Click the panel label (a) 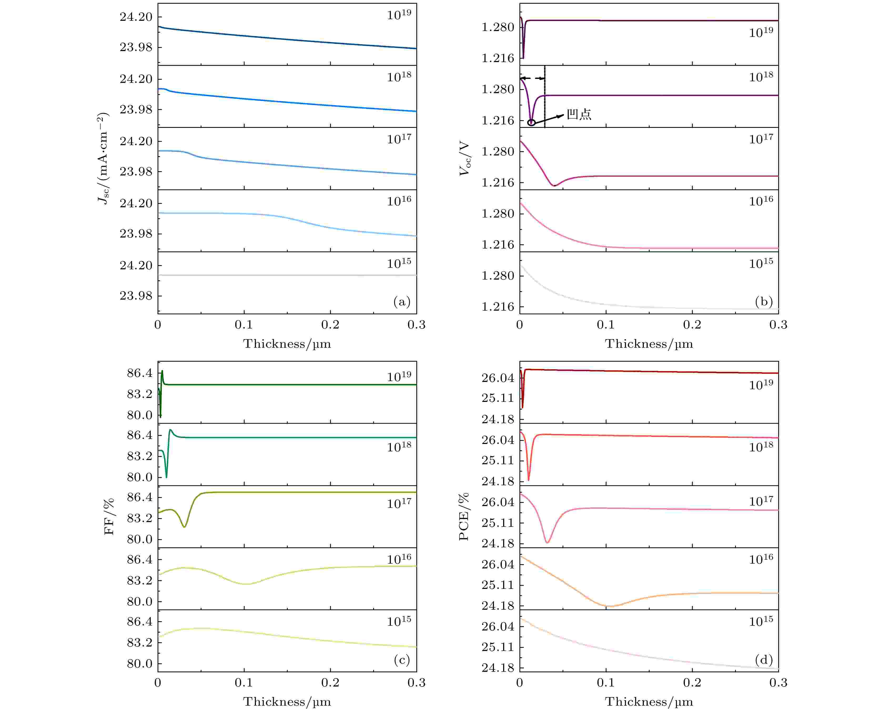401,302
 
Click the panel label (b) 763,302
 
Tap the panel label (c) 401,660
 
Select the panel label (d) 763,660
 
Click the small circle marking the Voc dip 531,122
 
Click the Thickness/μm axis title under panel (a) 287,344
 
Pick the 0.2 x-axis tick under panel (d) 692,683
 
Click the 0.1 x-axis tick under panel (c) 244,683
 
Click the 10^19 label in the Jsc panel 399,15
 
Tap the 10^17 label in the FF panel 399,503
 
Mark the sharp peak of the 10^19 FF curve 162,371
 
